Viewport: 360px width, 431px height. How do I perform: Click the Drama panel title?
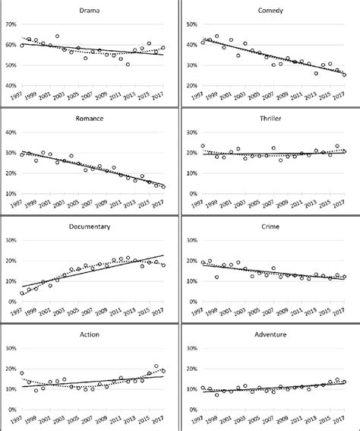pyautogui.click(x=91, y=11)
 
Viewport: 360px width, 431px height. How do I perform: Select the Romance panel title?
pyautogui.click(x=91, y=120)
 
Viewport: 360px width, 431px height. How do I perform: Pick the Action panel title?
pyautogui.click(x=91, y=335)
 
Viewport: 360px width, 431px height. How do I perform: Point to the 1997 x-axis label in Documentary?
pyautogui.click(x=15, y=312)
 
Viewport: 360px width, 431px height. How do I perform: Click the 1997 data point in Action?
pyautogui.click(x=22, y=373)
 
